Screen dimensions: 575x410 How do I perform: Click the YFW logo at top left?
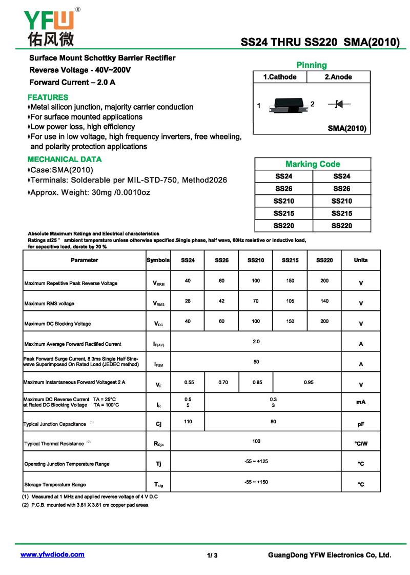click(49, 27)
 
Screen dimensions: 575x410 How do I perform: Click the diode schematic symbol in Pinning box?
click(339, 104)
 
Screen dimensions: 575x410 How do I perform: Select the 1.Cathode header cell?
click(280, 77)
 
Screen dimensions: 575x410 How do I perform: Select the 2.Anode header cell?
click(338, 77)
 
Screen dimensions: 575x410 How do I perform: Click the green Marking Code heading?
click(313, 164)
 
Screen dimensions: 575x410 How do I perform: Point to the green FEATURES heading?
click(48, 97)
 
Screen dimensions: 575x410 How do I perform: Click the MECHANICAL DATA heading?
click(65, 160)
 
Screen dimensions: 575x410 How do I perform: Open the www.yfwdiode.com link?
click(52, 554)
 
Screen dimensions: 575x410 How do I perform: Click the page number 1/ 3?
click(213, 556)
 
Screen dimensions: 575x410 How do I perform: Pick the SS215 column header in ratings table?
click(290, 261)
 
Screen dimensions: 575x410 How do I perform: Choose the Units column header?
click(361, 261)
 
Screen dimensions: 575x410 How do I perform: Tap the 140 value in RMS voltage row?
click(324, 301)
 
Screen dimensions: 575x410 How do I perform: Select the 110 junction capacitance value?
click(188, 421)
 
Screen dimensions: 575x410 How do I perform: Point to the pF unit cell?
click(361, 425)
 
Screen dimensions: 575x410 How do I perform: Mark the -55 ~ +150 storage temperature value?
click(256, 482)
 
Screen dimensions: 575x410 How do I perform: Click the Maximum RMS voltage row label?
click(49, 304)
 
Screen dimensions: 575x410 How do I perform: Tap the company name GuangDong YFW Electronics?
click(330, 555)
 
